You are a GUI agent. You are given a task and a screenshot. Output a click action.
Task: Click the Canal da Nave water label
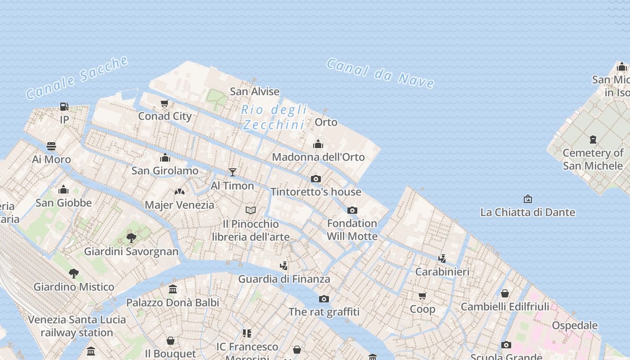coord(380,73)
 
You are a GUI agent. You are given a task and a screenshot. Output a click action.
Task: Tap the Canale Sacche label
coord(77,77)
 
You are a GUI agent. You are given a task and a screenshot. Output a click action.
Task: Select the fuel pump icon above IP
coord(64,107)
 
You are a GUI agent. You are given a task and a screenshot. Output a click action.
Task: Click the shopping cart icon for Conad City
coord(165,103)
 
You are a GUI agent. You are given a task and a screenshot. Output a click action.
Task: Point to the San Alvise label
coord(255,91)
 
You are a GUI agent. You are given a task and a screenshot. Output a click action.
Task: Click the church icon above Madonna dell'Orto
coord(318,144)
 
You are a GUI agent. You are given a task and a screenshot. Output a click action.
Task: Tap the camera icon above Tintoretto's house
coord(316,179)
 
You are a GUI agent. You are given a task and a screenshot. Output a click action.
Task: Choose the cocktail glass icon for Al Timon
coord(232,172)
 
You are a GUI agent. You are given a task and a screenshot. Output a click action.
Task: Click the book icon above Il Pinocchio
coord(251,210)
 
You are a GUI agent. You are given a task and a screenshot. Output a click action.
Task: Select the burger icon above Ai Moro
coord(51,146)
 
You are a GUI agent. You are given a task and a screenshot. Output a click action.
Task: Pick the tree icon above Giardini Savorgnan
coord(131,238)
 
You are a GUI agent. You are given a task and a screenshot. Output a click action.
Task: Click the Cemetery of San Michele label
coord(593,159)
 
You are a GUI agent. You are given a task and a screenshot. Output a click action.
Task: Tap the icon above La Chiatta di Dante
coord(528,198)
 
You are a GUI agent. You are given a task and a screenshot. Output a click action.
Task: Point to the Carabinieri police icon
coord(442,258)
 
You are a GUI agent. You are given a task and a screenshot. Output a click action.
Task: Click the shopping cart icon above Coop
coord(422,296)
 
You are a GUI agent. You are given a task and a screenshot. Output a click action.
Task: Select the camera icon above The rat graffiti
coord(324,299)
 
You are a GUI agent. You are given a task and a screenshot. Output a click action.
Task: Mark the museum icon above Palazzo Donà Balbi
coord(173,289)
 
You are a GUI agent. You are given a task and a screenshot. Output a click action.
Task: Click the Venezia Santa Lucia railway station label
coord(77,326)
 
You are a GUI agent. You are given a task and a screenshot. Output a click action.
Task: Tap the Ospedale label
coord(575,325)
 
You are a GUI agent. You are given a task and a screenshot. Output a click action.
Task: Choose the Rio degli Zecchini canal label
coord(274,117)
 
